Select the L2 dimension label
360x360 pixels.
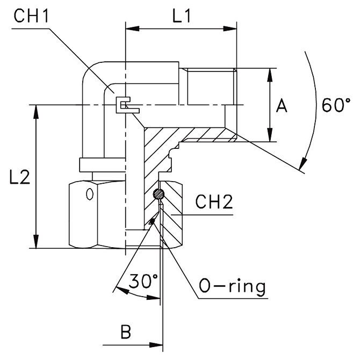20,178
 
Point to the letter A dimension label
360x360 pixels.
282,106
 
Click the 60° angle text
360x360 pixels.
336,104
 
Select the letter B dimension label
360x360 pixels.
126,332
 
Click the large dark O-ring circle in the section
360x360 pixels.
158,195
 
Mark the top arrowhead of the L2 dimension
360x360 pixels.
37,109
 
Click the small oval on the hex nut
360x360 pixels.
90,192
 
